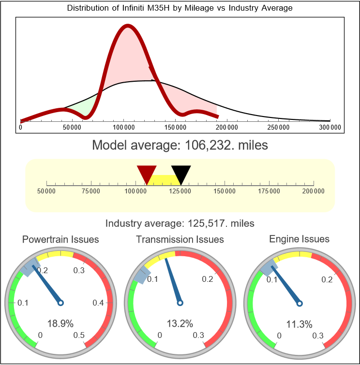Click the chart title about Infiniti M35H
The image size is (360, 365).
pyautogui.click(x=180, y=9)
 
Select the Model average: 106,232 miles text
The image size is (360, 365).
pyautogui.click(x=180, y=145)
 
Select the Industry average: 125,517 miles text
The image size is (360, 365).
pyautogui.click(x=180, y=223)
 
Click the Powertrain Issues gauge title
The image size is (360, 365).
pyautogui.click(x=60, y=239)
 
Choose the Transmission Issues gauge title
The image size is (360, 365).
pyautogui.click(x=180, y=239)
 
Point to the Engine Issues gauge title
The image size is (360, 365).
pyautogui.click(x=299, y=239)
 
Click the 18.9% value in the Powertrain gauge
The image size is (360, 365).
pyautogui.click(x=60, y=323)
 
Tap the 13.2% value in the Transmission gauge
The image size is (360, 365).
pyautogui.click(x=180, y=323)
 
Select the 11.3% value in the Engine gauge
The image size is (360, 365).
pyautogui.click(x=299, y=323)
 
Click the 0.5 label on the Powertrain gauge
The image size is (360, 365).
pyautogui.click(x=79, y=336)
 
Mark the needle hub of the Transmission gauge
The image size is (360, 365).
pyautogui.click(x=180, y=303)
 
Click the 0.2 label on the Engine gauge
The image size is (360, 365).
pyautogui.click(x=327, y=279)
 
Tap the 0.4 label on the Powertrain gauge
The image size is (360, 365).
pyautogui.click(x=99, y=303)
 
